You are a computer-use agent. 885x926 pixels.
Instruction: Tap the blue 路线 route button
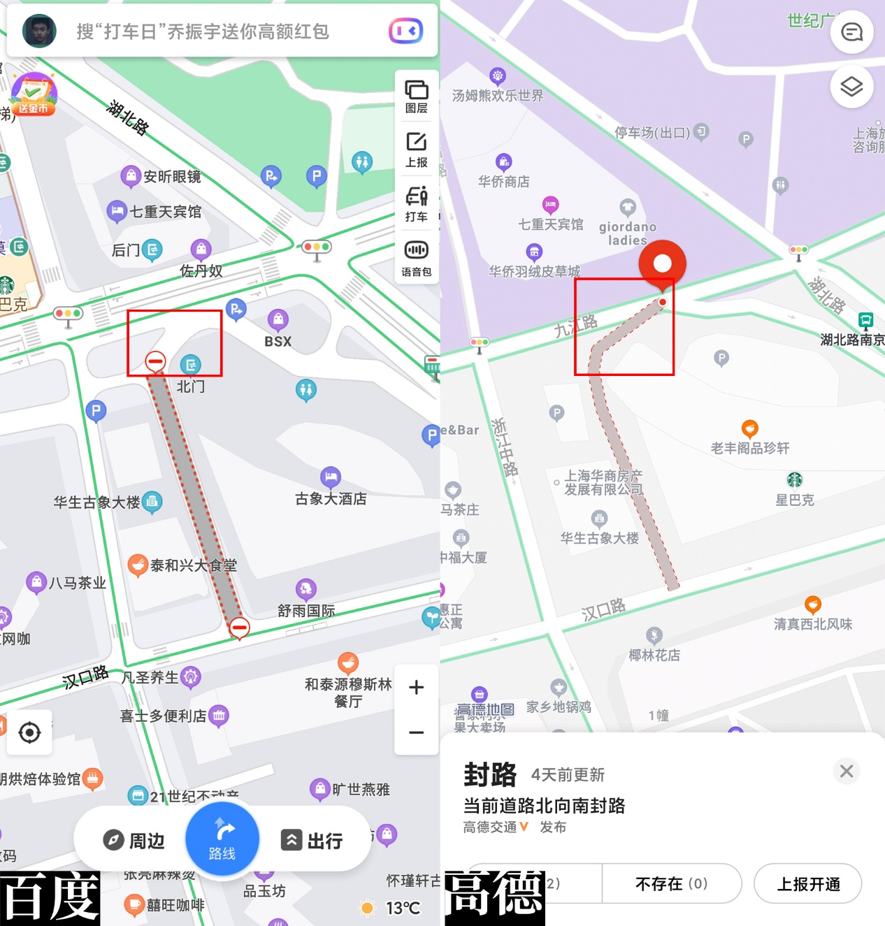click(222, 839)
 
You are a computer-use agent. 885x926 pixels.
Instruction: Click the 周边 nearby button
click(134, 840)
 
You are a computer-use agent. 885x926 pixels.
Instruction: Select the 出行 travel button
click(312, 840)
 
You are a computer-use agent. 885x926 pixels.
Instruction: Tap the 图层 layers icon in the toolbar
click(417, 96)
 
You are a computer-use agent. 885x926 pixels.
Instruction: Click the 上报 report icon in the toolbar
click(417, 150)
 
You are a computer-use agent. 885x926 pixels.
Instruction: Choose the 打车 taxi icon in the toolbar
click(417, 204)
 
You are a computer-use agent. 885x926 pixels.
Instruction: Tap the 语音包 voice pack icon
click(417, 258)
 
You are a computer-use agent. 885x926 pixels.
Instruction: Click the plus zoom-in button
click(417, 688)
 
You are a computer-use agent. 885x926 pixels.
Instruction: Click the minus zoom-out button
click(417, 732)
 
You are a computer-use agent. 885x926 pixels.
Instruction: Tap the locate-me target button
click(29, 732)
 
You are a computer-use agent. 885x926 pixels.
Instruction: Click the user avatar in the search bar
click(39, 31)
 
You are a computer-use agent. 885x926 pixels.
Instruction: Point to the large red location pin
click(662, 265)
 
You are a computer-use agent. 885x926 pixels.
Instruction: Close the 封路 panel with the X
click(847, 771)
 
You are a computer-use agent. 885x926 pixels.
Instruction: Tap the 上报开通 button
click(808, 884)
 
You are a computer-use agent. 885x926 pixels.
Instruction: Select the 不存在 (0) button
click(671, 884)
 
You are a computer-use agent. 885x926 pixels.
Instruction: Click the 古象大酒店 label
click(331, 498)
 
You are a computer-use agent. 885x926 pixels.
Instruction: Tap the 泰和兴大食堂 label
click(194, 565)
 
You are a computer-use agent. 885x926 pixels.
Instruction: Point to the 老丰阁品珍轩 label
click(750, 448)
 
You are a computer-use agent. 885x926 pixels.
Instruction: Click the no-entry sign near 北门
click(155, 361)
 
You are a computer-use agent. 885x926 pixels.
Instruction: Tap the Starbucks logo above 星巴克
click(795, 479)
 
